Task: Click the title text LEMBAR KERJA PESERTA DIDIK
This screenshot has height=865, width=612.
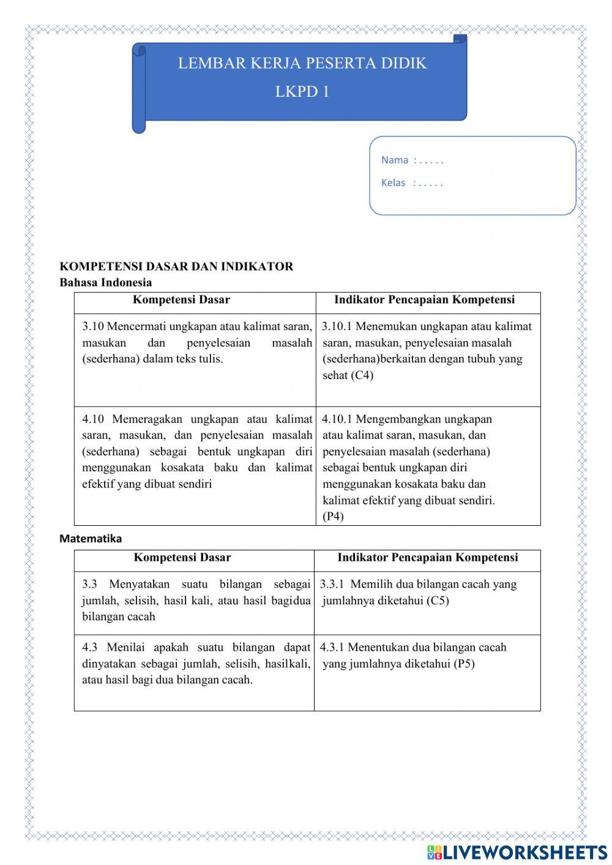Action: click(302, 63)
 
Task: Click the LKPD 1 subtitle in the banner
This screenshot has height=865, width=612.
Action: click(302, 92)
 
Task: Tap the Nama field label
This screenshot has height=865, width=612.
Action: click(395, 160)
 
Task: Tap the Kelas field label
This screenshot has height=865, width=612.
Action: click(394, 183)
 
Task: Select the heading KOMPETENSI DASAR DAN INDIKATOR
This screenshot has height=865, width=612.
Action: click(176, 266)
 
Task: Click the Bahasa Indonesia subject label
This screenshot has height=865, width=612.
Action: click(105, 282)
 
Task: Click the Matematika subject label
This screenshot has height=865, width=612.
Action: click(91, 539)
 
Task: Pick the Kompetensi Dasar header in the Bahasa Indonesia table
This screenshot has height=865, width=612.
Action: click(181, 299)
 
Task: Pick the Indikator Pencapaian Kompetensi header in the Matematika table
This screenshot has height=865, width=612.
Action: click(427, 557)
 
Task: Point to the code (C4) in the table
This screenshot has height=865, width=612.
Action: click(362, 375)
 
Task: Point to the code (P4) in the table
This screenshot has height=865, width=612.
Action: click(333, 516)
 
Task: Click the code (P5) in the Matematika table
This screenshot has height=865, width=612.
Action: click(464, 664)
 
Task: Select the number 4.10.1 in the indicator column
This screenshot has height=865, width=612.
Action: click(337, 419)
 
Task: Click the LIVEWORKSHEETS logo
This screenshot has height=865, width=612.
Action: click(517, 852)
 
